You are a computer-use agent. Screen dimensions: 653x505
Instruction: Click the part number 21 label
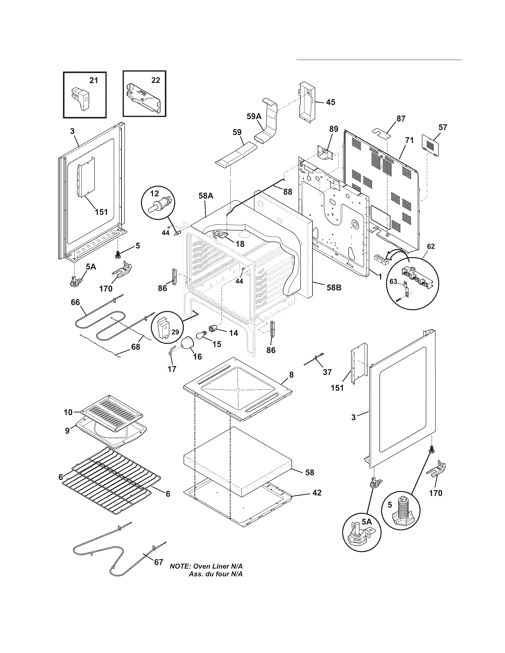pos(94,80)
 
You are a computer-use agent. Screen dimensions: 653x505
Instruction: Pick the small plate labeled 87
pos(382,132)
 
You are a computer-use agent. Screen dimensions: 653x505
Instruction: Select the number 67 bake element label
pos(158,562)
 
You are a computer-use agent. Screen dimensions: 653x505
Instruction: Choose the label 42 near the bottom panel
pos(317,493)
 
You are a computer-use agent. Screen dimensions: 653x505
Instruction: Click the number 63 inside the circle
pos(393,281)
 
